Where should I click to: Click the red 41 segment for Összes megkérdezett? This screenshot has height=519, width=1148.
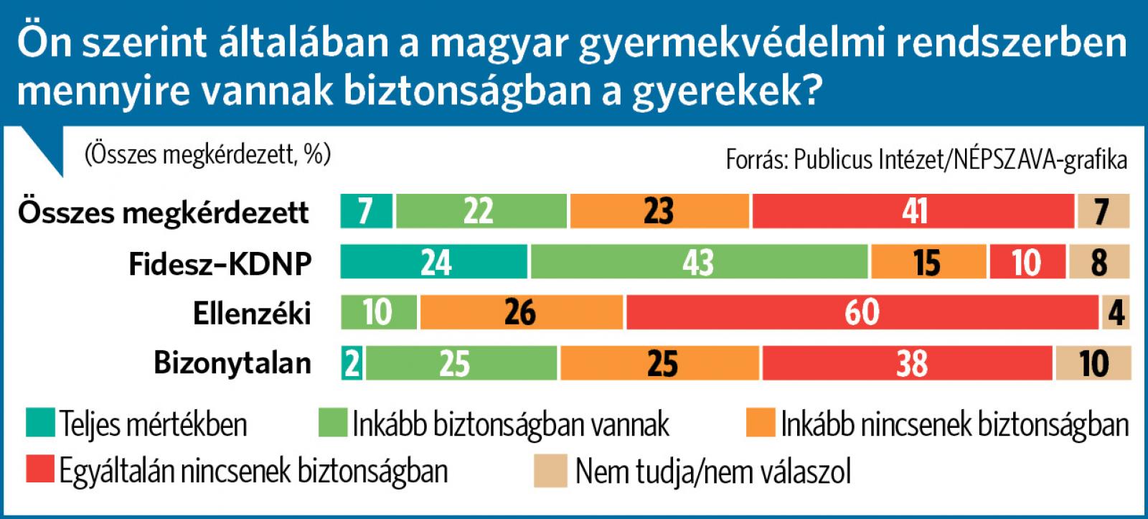click(x=913, y=211)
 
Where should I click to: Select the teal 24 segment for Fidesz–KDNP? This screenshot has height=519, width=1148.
click(x=434, y=262)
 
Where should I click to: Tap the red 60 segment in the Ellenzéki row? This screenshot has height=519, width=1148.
click(x=862, y=312)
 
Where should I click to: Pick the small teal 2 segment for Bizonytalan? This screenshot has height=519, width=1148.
click(x=352, y=363)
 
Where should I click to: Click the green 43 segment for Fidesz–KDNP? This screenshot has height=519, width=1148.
click(x=699, y=262)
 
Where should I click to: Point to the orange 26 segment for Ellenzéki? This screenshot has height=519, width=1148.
click(x=521, y=312)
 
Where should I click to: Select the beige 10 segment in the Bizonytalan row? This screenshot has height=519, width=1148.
click(x=1092, y=363)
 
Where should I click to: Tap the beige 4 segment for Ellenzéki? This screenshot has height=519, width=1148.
click(x=1116, y=312)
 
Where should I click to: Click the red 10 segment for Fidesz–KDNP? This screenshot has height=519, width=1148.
click(x=1027, y=262)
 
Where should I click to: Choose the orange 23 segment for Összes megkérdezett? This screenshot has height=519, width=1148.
click(x=659, y=211)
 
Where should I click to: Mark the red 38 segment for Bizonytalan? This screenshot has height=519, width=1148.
click(x=907, y=363)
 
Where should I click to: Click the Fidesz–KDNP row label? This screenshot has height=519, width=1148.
click(x=220, y=263)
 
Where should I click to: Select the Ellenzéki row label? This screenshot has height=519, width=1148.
click(x=252, y=314)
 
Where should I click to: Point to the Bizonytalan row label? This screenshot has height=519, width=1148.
click(x=232, y=364)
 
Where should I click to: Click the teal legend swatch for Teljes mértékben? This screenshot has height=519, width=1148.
click(x=40, y=423)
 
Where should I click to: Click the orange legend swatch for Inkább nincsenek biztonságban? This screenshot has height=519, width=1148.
click(x=761, y=423)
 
